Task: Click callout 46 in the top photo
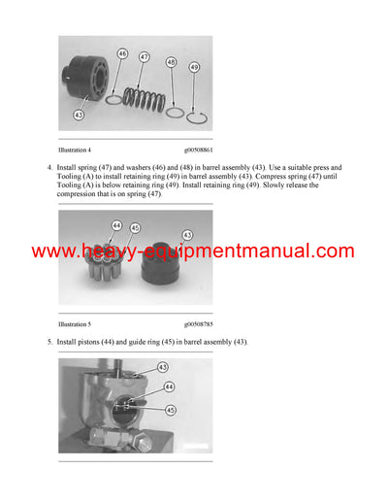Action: (x=122, y=53)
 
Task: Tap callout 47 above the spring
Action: (x=144, y=58)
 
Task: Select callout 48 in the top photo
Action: (x=171, y=62)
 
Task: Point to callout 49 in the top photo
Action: (x=193, y=67)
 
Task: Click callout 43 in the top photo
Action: (x=79, y=115)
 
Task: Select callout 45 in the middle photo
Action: (x=135, y=229)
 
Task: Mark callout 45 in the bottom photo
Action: (x=171, y=408)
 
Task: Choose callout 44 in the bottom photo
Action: (x=169, y=386)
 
